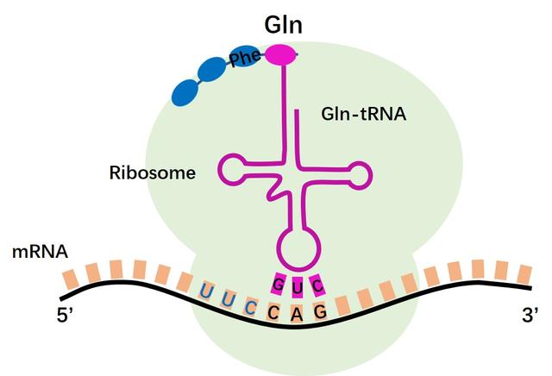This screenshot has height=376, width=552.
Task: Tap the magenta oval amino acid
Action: coord(279,55)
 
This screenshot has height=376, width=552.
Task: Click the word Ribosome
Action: coord(153,172)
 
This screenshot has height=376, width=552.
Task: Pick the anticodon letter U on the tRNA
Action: coord(298,283)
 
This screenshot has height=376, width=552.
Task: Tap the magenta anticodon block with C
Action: coord(317,283)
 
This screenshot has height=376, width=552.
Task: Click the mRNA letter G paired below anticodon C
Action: coord(319,311)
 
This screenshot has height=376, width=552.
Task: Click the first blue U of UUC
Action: coord(206,291)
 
